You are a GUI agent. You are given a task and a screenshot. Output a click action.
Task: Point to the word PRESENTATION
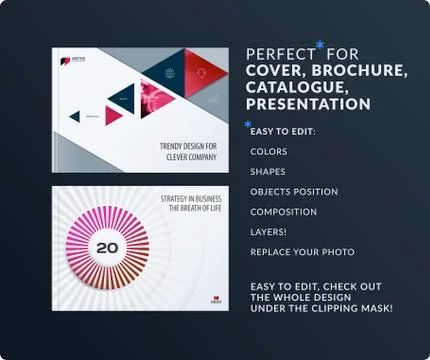(x=309, y=104)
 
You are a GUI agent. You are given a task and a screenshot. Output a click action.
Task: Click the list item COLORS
(x=269, y=152)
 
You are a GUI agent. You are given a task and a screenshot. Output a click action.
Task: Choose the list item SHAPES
(x=268, y=172)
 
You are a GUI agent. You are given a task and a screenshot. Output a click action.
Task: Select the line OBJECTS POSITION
(x=294, y=192)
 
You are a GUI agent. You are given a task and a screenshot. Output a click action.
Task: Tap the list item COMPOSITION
(x=284, y=212)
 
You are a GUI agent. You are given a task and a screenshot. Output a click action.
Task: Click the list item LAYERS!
(x=269, y=232)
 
